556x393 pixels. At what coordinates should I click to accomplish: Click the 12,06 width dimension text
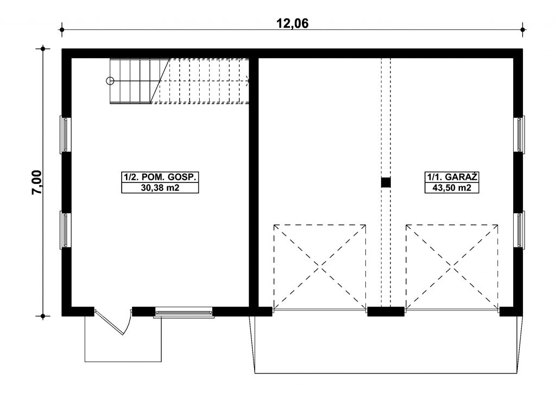pos(293,23)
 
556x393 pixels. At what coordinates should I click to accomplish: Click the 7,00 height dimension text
pos(37,182)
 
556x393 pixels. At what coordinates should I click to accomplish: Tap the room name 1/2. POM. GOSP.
pos(160,177)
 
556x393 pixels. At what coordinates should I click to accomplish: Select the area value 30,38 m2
pos(160,188)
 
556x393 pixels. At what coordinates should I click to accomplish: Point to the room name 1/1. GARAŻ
pos(452,177)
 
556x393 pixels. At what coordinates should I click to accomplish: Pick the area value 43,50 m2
pos(452,188)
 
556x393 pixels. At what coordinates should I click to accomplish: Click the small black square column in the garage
pos(386,182)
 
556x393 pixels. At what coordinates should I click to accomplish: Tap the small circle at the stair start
pos(110,81)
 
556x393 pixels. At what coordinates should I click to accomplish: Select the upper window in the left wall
pos(65,135)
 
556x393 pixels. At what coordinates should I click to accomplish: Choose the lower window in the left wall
pos(65,229)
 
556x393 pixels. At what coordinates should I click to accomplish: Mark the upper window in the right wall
pos(519,135)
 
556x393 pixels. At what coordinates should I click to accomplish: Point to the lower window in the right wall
pos(519,230)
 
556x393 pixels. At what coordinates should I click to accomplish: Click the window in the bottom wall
pos(184,312)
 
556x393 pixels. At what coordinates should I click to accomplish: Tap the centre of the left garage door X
pos(320,267)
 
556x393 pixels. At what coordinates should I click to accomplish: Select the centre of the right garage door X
pos(452,267)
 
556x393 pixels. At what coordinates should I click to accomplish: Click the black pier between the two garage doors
pos(386,312)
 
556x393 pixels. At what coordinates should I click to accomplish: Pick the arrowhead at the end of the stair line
pos(248,81)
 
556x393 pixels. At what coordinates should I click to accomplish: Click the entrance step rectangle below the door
pos(123,339)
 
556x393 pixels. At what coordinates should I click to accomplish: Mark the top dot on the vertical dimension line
pos(43,48)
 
